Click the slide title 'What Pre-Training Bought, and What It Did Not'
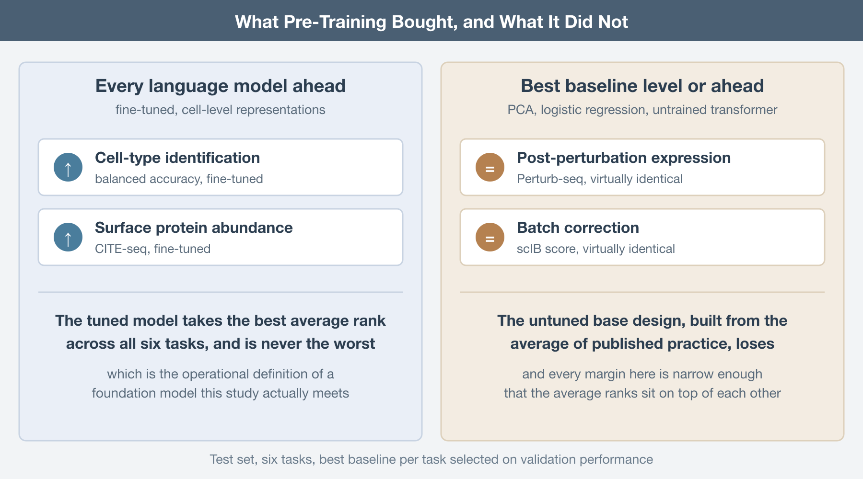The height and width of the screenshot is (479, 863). [431, 22]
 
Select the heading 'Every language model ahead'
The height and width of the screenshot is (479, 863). [221, 86]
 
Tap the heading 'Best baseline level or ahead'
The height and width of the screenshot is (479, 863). [642, 86]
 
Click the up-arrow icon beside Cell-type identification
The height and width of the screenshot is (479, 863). [68, 167]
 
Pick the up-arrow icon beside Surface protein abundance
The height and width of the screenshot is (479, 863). [68, 237]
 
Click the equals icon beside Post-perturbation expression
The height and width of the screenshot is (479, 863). [490, 167]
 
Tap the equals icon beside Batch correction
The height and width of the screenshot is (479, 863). [490, 237]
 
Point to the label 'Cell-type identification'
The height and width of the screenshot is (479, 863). [177, 158]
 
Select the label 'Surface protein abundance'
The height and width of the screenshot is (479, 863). [194, 228]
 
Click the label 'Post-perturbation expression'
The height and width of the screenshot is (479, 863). [624, 158]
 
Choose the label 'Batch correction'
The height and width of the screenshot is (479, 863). [578, 228]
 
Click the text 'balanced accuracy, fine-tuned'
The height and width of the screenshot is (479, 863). [179, 179]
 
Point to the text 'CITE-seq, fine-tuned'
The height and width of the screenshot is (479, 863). [153, 249]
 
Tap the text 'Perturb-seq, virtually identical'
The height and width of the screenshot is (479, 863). [600, 179]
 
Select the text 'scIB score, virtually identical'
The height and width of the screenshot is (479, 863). [596, 249]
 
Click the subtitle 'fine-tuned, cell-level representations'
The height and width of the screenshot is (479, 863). [221, 110]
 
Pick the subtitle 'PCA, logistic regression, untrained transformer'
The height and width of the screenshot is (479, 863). [642, 110]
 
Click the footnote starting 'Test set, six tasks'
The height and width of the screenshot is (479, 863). [431, 459]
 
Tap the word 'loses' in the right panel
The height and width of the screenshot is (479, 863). [755, 344]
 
